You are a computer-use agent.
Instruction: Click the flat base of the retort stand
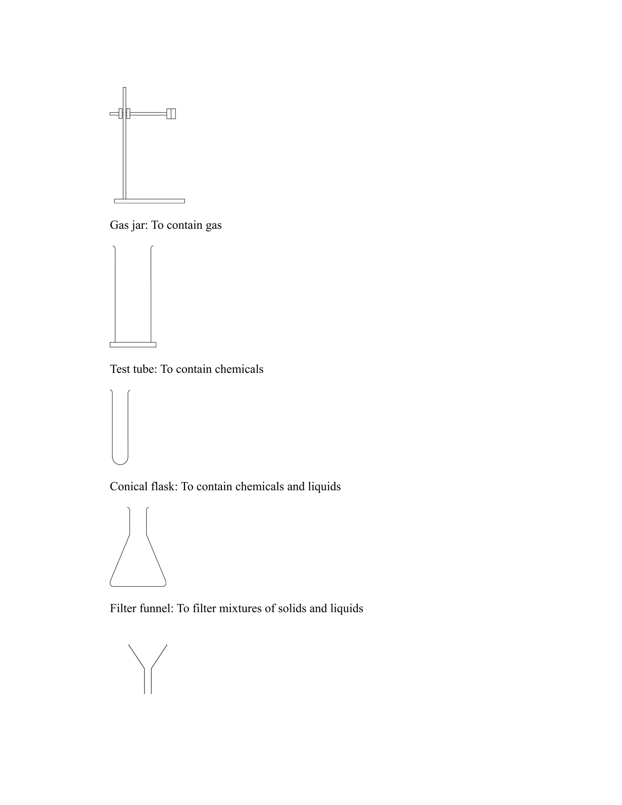coord(149,201)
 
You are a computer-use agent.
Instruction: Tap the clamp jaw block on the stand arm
coord(171,114)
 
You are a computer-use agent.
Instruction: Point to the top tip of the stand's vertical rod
coord(125,88)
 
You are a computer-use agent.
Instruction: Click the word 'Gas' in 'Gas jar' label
coord(119,225)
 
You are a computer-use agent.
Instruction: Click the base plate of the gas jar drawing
coord(133,345)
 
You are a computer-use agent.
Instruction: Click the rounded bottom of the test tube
coord(120,462)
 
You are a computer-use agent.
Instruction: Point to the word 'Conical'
coord(129,487)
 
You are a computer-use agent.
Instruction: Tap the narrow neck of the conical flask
coord(138,520)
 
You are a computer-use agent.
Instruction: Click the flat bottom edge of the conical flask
coord(138,586)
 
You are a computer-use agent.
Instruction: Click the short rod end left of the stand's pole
coord(114,114)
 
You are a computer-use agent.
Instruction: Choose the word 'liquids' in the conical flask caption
coord(324,487)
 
